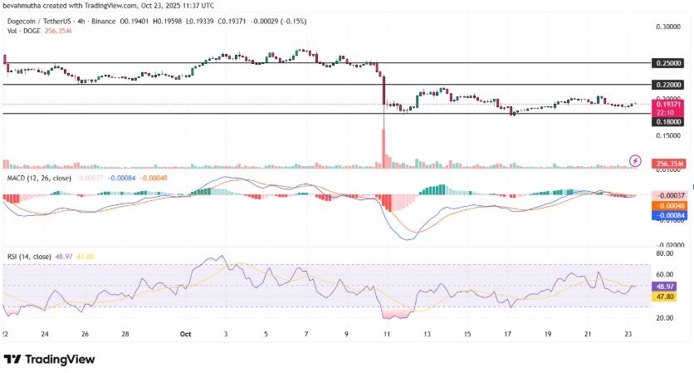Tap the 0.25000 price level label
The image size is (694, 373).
668,63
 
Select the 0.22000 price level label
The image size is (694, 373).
668,85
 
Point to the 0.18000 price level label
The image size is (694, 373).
668,121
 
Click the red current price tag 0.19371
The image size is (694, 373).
669,105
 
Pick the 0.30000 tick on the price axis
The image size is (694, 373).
668,27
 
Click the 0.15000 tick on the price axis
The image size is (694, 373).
668,135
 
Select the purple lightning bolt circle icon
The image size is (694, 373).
635,160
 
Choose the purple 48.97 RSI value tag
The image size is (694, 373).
664,287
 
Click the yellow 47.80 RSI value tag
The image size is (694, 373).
664,296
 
